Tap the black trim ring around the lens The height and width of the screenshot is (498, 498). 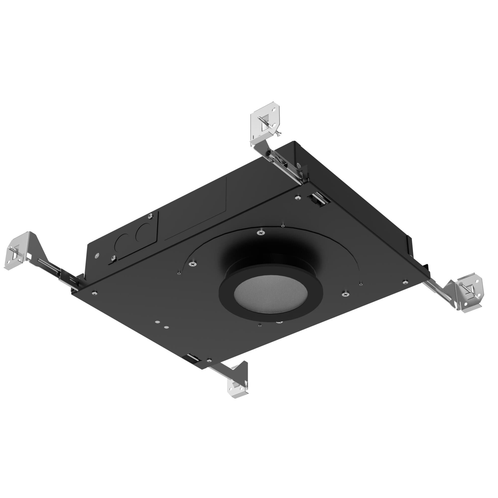click(271, 316)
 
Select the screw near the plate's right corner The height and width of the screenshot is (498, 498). click(405, 281)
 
